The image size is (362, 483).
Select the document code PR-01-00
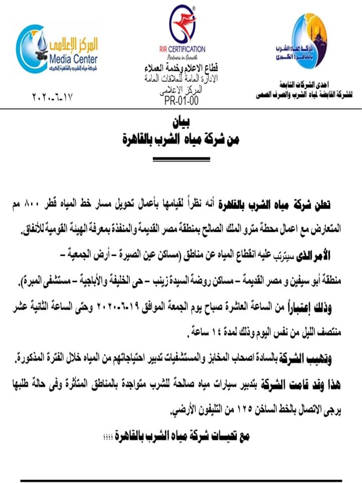point(182,99)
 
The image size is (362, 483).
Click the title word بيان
point(181,122)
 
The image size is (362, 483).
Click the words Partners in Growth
point(182,57)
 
